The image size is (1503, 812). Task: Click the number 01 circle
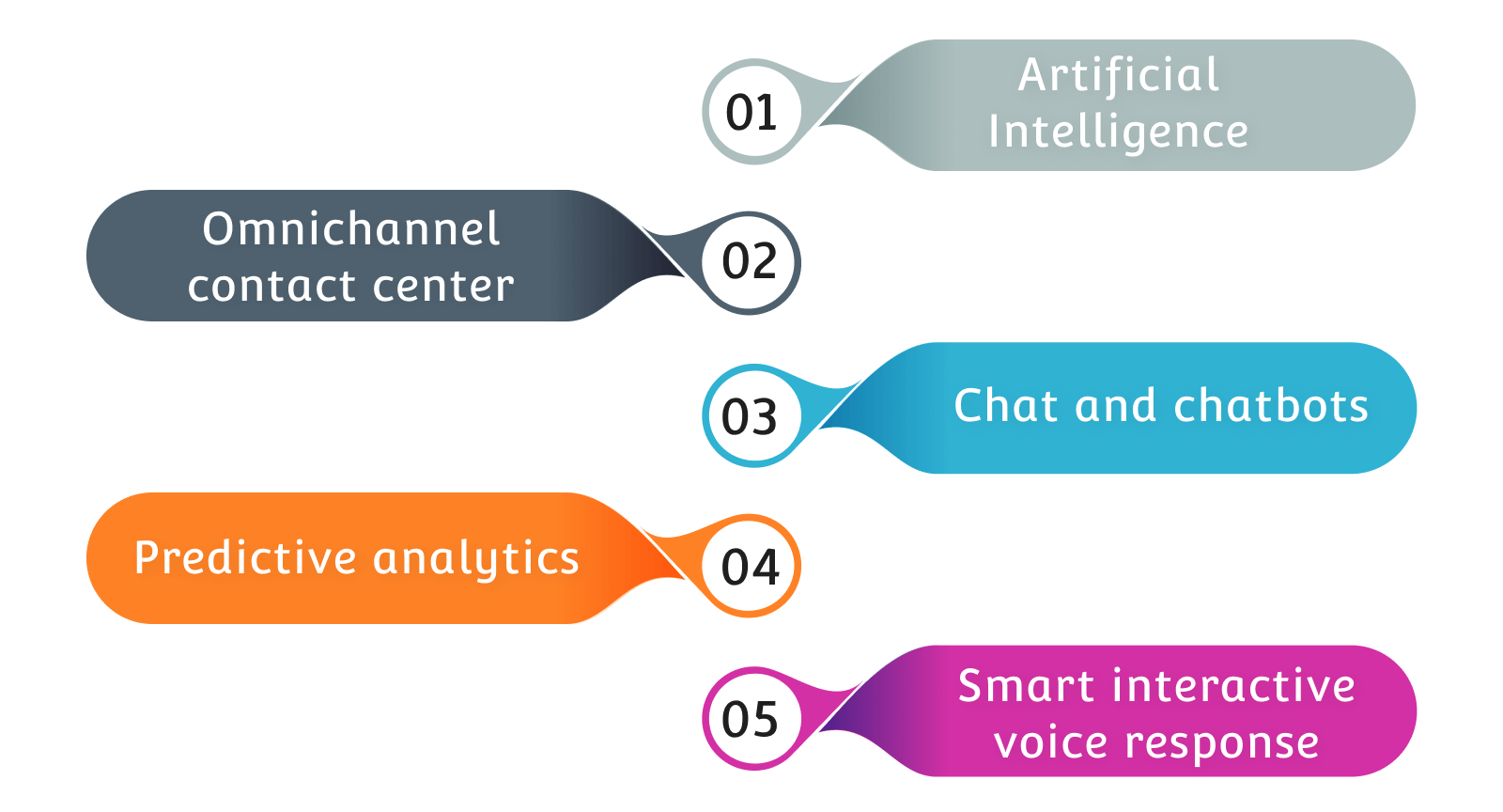click(751, 112)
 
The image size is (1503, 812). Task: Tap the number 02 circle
click(750, 262)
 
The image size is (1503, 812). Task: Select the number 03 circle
click(750, 416)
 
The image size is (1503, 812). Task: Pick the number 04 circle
click(750, 567)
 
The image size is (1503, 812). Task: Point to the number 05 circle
click(750, 719)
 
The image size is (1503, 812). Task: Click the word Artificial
click(1119, 75)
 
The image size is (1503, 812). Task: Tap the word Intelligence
click(1118, 132)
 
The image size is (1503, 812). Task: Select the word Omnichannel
click(351, 229)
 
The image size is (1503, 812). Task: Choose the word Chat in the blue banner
click(1007, 406)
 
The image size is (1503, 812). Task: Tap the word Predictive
click(245, 558)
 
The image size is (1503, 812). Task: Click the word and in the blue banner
click(1116, 406)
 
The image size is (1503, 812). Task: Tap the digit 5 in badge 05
click(764, 719)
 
